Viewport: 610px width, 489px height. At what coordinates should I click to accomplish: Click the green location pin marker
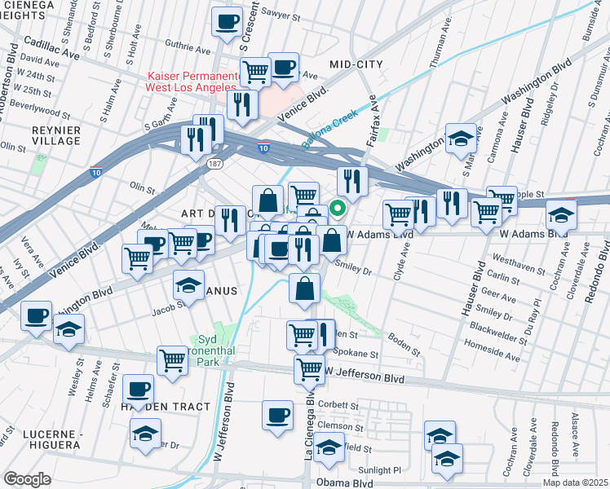pyautogui.click(x=335, y=209)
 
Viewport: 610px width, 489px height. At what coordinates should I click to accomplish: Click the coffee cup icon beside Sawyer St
pyautogui.click(x=228, y=22)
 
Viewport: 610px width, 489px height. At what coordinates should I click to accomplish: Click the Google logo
pyautogui.click(x=27, y=479)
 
